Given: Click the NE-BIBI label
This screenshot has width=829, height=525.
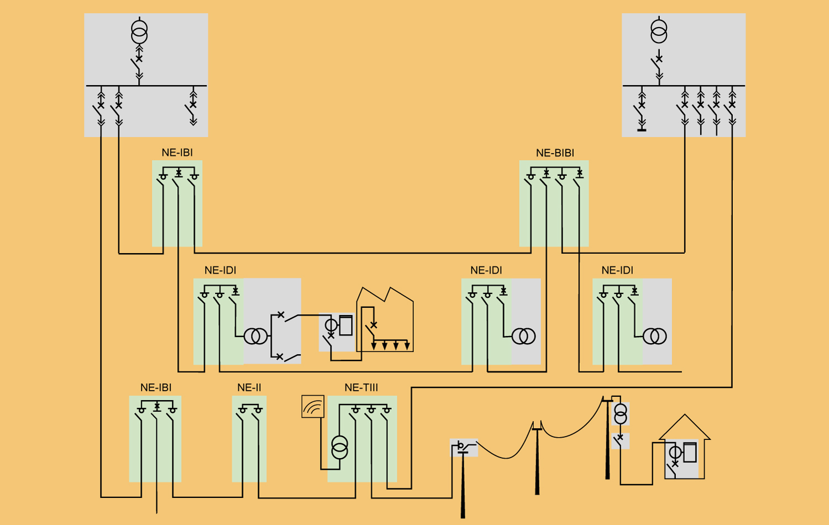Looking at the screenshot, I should coord(555,153).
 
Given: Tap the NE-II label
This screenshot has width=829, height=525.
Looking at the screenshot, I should coord(249,388).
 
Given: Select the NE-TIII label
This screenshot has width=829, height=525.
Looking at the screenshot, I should coord(361,388).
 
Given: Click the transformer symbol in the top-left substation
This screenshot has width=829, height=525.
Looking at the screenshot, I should coord(139,32).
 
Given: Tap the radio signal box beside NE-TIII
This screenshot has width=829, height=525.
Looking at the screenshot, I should coord(313,407).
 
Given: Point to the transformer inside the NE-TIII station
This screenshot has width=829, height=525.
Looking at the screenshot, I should coord(339,447).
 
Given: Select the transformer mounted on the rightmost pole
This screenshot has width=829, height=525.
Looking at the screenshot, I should coord(621,414).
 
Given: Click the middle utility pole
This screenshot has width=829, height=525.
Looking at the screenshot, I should coord(537,459).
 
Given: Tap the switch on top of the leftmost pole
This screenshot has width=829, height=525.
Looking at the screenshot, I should coord(463,447).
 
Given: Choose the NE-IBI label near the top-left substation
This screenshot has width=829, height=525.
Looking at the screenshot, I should coord(177,153).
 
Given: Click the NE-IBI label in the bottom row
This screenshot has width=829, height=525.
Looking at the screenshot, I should coord(156,388).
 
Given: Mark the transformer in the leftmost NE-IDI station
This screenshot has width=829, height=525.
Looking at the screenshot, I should coord(255,336).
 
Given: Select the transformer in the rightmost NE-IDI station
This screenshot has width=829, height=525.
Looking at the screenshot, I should coord(654,336).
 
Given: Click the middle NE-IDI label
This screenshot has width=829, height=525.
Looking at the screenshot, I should coord(486,270).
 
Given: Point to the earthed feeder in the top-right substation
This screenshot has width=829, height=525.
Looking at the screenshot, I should coord(642,113).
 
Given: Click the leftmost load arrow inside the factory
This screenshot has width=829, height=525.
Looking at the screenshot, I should coord(374,346).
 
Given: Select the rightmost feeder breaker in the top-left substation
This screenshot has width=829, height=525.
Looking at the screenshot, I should coord(193,105).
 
